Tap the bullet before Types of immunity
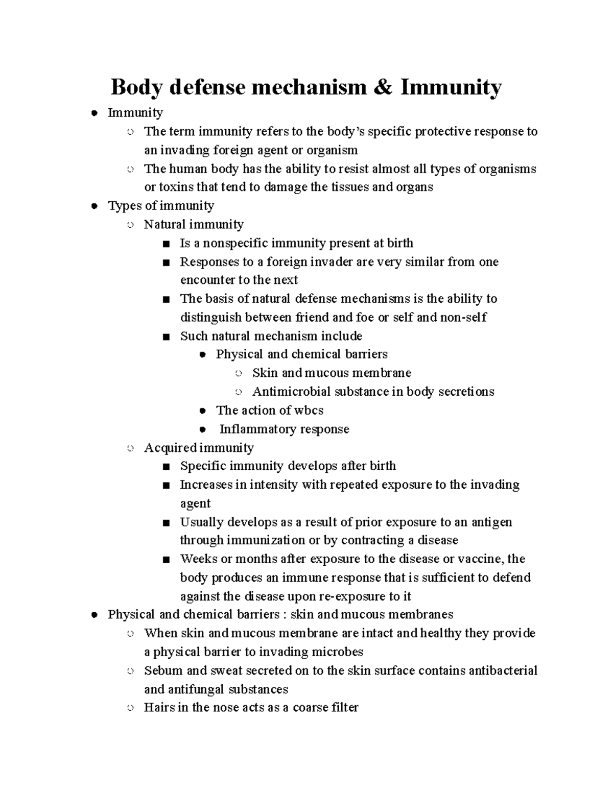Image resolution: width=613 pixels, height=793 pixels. tap(93, 206)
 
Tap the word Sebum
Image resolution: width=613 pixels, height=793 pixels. tap(160, 670)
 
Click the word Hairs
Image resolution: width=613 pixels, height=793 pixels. tap(158, 708)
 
